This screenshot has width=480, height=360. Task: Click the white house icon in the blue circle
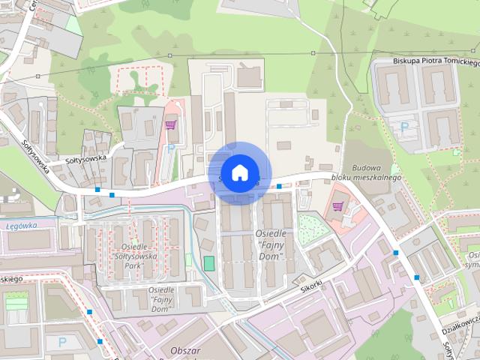[239, 172]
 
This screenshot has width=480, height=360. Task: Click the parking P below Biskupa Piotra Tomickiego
[406, 128]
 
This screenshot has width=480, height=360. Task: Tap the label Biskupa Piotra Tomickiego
[436, 62]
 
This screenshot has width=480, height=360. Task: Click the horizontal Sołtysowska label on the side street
[87, 159]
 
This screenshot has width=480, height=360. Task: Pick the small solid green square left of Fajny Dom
[208, 263]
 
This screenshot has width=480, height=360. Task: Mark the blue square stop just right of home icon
[278, 185]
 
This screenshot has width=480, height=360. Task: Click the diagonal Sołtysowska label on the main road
[35, 153]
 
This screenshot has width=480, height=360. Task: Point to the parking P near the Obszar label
[61, 343]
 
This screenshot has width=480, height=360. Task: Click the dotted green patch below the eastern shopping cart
[313, 229]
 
